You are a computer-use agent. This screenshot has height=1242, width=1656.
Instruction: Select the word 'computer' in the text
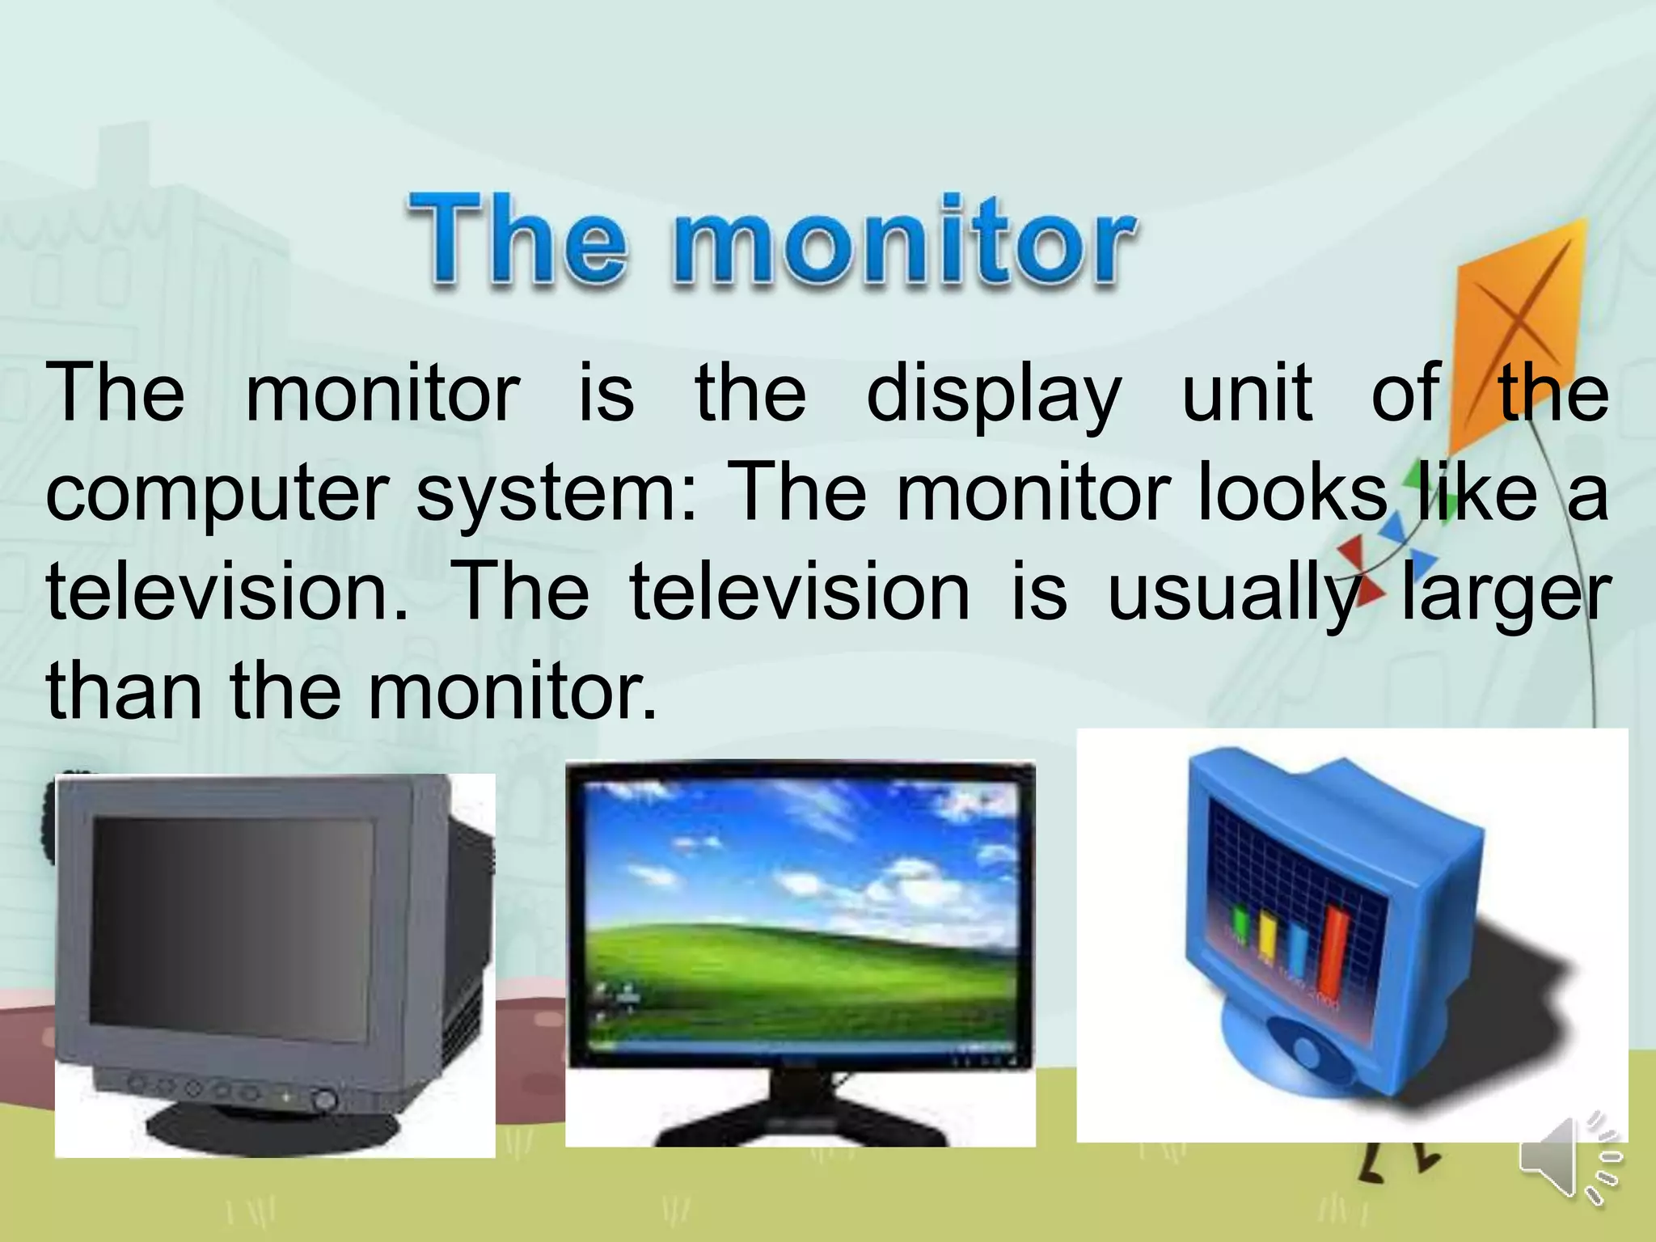[217, 495]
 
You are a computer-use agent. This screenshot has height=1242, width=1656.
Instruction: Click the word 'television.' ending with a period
[226, 594]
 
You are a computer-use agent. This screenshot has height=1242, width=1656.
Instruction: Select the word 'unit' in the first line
[1247, 394]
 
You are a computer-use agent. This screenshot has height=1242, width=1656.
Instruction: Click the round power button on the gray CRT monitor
[324, 1100]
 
